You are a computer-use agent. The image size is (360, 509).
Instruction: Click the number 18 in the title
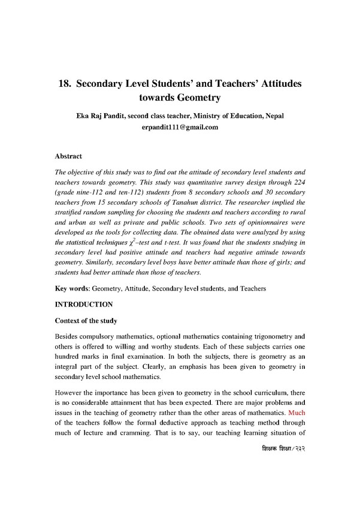(x=64, y=84)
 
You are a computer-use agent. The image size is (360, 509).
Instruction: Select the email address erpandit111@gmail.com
(x=180, y=128)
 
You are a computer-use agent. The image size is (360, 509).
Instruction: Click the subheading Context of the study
(x=86, y=322)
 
